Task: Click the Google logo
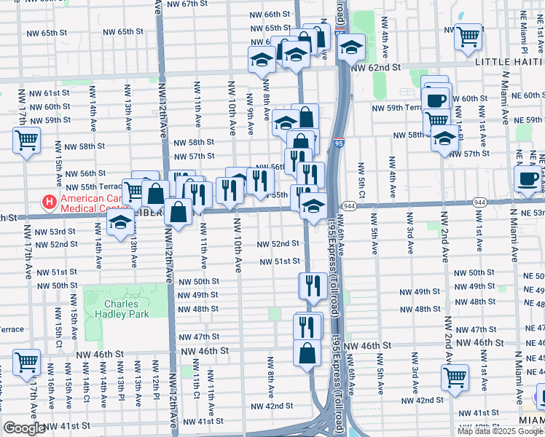point(23,428)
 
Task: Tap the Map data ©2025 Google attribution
point(499,431)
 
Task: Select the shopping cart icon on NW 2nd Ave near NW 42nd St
point(455,377)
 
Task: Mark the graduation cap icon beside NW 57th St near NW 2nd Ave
point(444,138)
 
